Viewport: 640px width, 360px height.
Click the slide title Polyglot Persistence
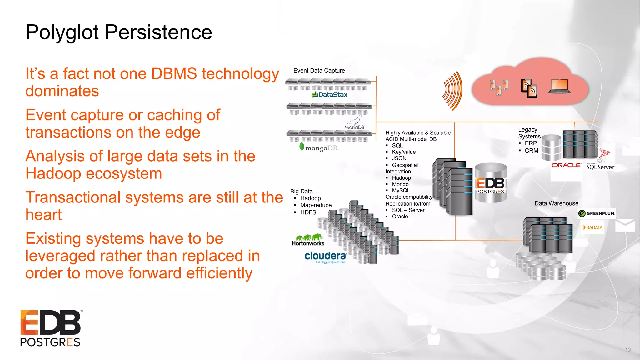point(119,32)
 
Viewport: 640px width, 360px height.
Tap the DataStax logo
point(329,94)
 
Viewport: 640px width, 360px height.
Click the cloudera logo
point(325,257)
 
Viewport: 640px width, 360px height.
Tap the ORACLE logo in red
point(566,165)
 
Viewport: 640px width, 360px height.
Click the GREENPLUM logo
point(597,213)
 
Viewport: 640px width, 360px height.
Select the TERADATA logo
point(592,227)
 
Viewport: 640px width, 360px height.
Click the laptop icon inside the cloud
point(559,87)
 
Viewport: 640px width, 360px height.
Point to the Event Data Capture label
point(319,71)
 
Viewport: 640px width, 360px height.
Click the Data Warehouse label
point(556,203)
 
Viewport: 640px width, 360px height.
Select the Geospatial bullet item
point(405,165)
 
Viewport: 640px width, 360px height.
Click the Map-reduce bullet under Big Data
point(316,205)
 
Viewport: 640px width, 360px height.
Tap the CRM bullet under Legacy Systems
point(531,151)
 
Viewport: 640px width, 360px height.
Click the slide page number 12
point(628,350)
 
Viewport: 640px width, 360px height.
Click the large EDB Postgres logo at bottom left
point(51,328)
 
